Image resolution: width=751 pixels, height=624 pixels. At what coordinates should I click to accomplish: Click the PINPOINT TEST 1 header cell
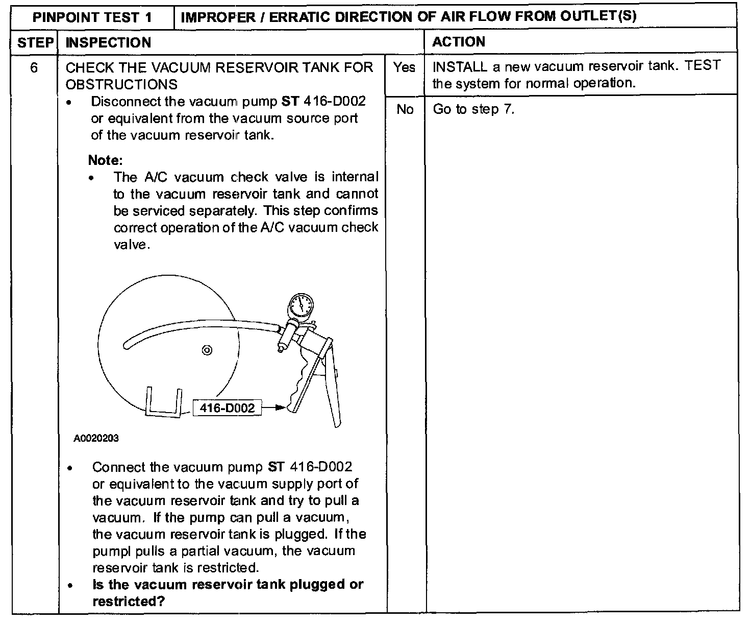tap(92, 17)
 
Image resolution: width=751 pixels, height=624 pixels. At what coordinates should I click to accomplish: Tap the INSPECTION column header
tap(108, 42)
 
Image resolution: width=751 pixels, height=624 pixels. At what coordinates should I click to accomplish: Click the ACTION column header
tap(458, 42)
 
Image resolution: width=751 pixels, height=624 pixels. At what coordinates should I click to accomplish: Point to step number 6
tap(34, 67)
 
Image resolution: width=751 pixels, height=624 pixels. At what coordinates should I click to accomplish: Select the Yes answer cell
tap(404, 67)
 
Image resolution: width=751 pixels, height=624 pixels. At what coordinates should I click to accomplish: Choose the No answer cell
tap(405, 109)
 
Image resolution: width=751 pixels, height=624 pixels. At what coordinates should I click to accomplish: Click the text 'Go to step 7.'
tap(473, 109)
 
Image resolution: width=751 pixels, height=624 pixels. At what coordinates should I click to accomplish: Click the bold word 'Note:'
tap(106, 160)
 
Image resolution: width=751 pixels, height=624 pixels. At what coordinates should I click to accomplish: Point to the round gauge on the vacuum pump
tap(299, 306)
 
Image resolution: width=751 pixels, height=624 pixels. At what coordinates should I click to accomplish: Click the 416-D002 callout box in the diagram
tap(227, 407)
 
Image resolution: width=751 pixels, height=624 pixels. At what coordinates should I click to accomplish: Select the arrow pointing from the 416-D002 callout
tap(274, 407)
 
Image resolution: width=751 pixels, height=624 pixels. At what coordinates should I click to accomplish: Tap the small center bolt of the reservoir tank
tap(207, 350)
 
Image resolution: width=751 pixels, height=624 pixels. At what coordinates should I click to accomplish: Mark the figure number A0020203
tap(96, 439)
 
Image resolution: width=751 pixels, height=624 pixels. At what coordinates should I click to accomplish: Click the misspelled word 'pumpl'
tap(108, 551)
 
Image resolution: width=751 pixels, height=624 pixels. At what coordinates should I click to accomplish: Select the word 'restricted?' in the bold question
tap(129, 601)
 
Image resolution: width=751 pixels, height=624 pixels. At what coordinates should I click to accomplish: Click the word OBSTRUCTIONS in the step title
tap(121, 84)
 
